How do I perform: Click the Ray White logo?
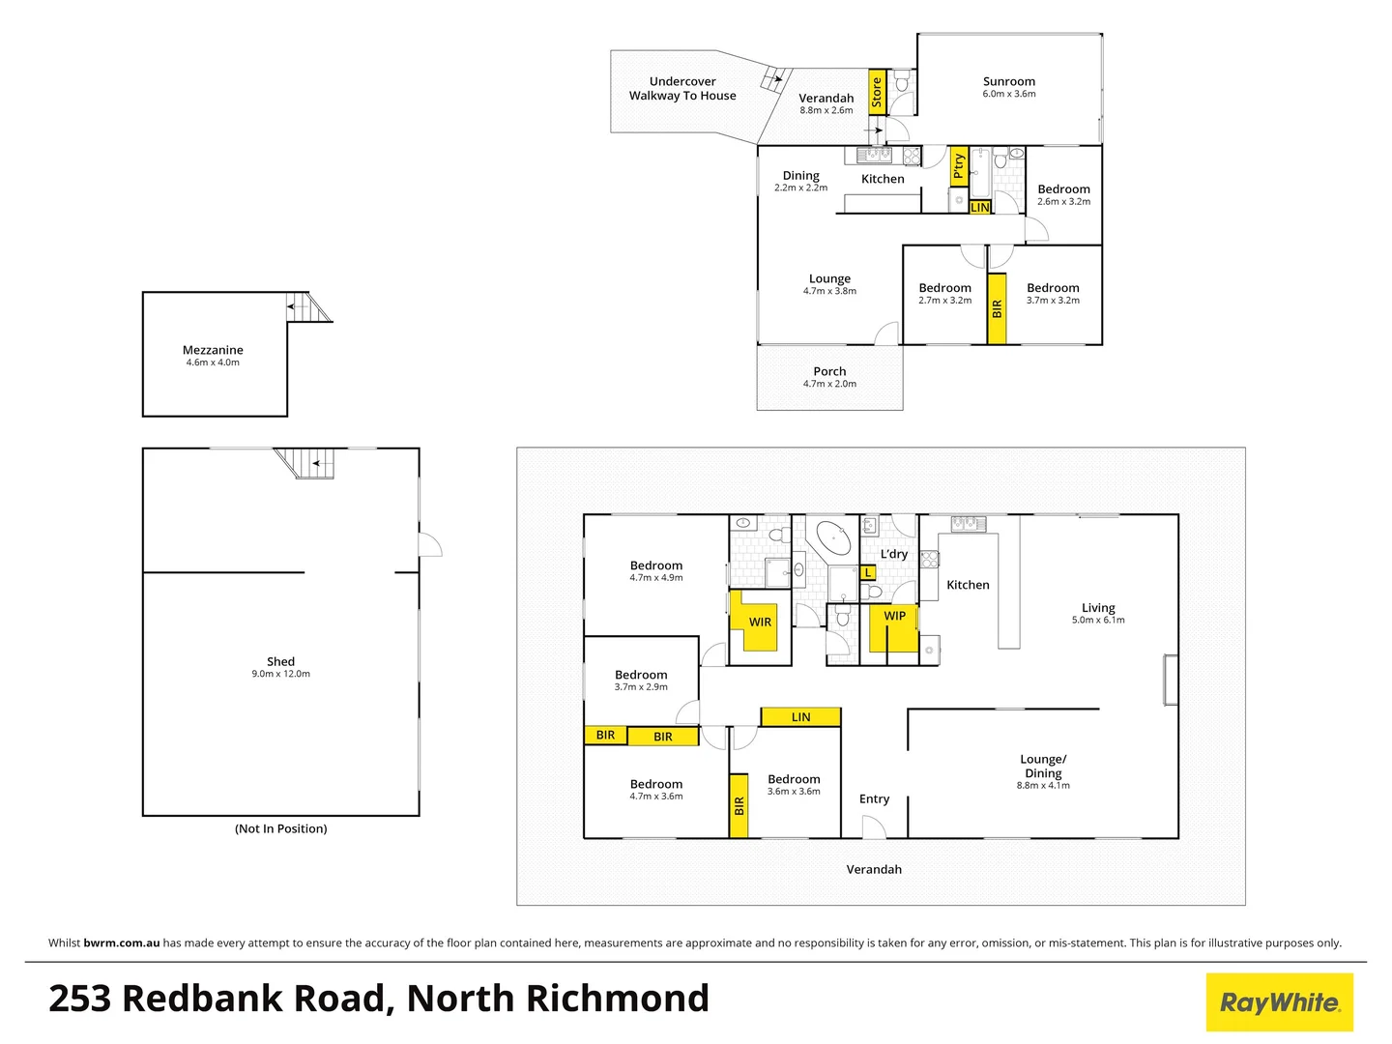click(1279, 1002)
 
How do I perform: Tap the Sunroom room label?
click(1009, 82)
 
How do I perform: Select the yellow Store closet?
click(877, 92)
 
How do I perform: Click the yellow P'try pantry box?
click(958, 166)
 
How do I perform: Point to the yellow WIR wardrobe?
click(760, 622)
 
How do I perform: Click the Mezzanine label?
click(213, 350)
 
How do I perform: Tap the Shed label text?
click(280, 662)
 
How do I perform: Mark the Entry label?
click(874, 799)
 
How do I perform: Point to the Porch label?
click(829, 371)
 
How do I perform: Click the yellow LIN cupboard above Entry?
click(800, 717)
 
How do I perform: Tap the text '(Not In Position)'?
click(280, 828)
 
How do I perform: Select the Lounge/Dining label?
click(1043, 766)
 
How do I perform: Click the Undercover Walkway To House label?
click(682, 89)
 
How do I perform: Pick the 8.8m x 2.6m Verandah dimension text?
click(826, 110)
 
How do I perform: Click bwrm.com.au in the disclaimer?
click(122, 942)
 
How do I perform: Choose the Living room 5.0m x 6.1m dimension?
click(1098, 621)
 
